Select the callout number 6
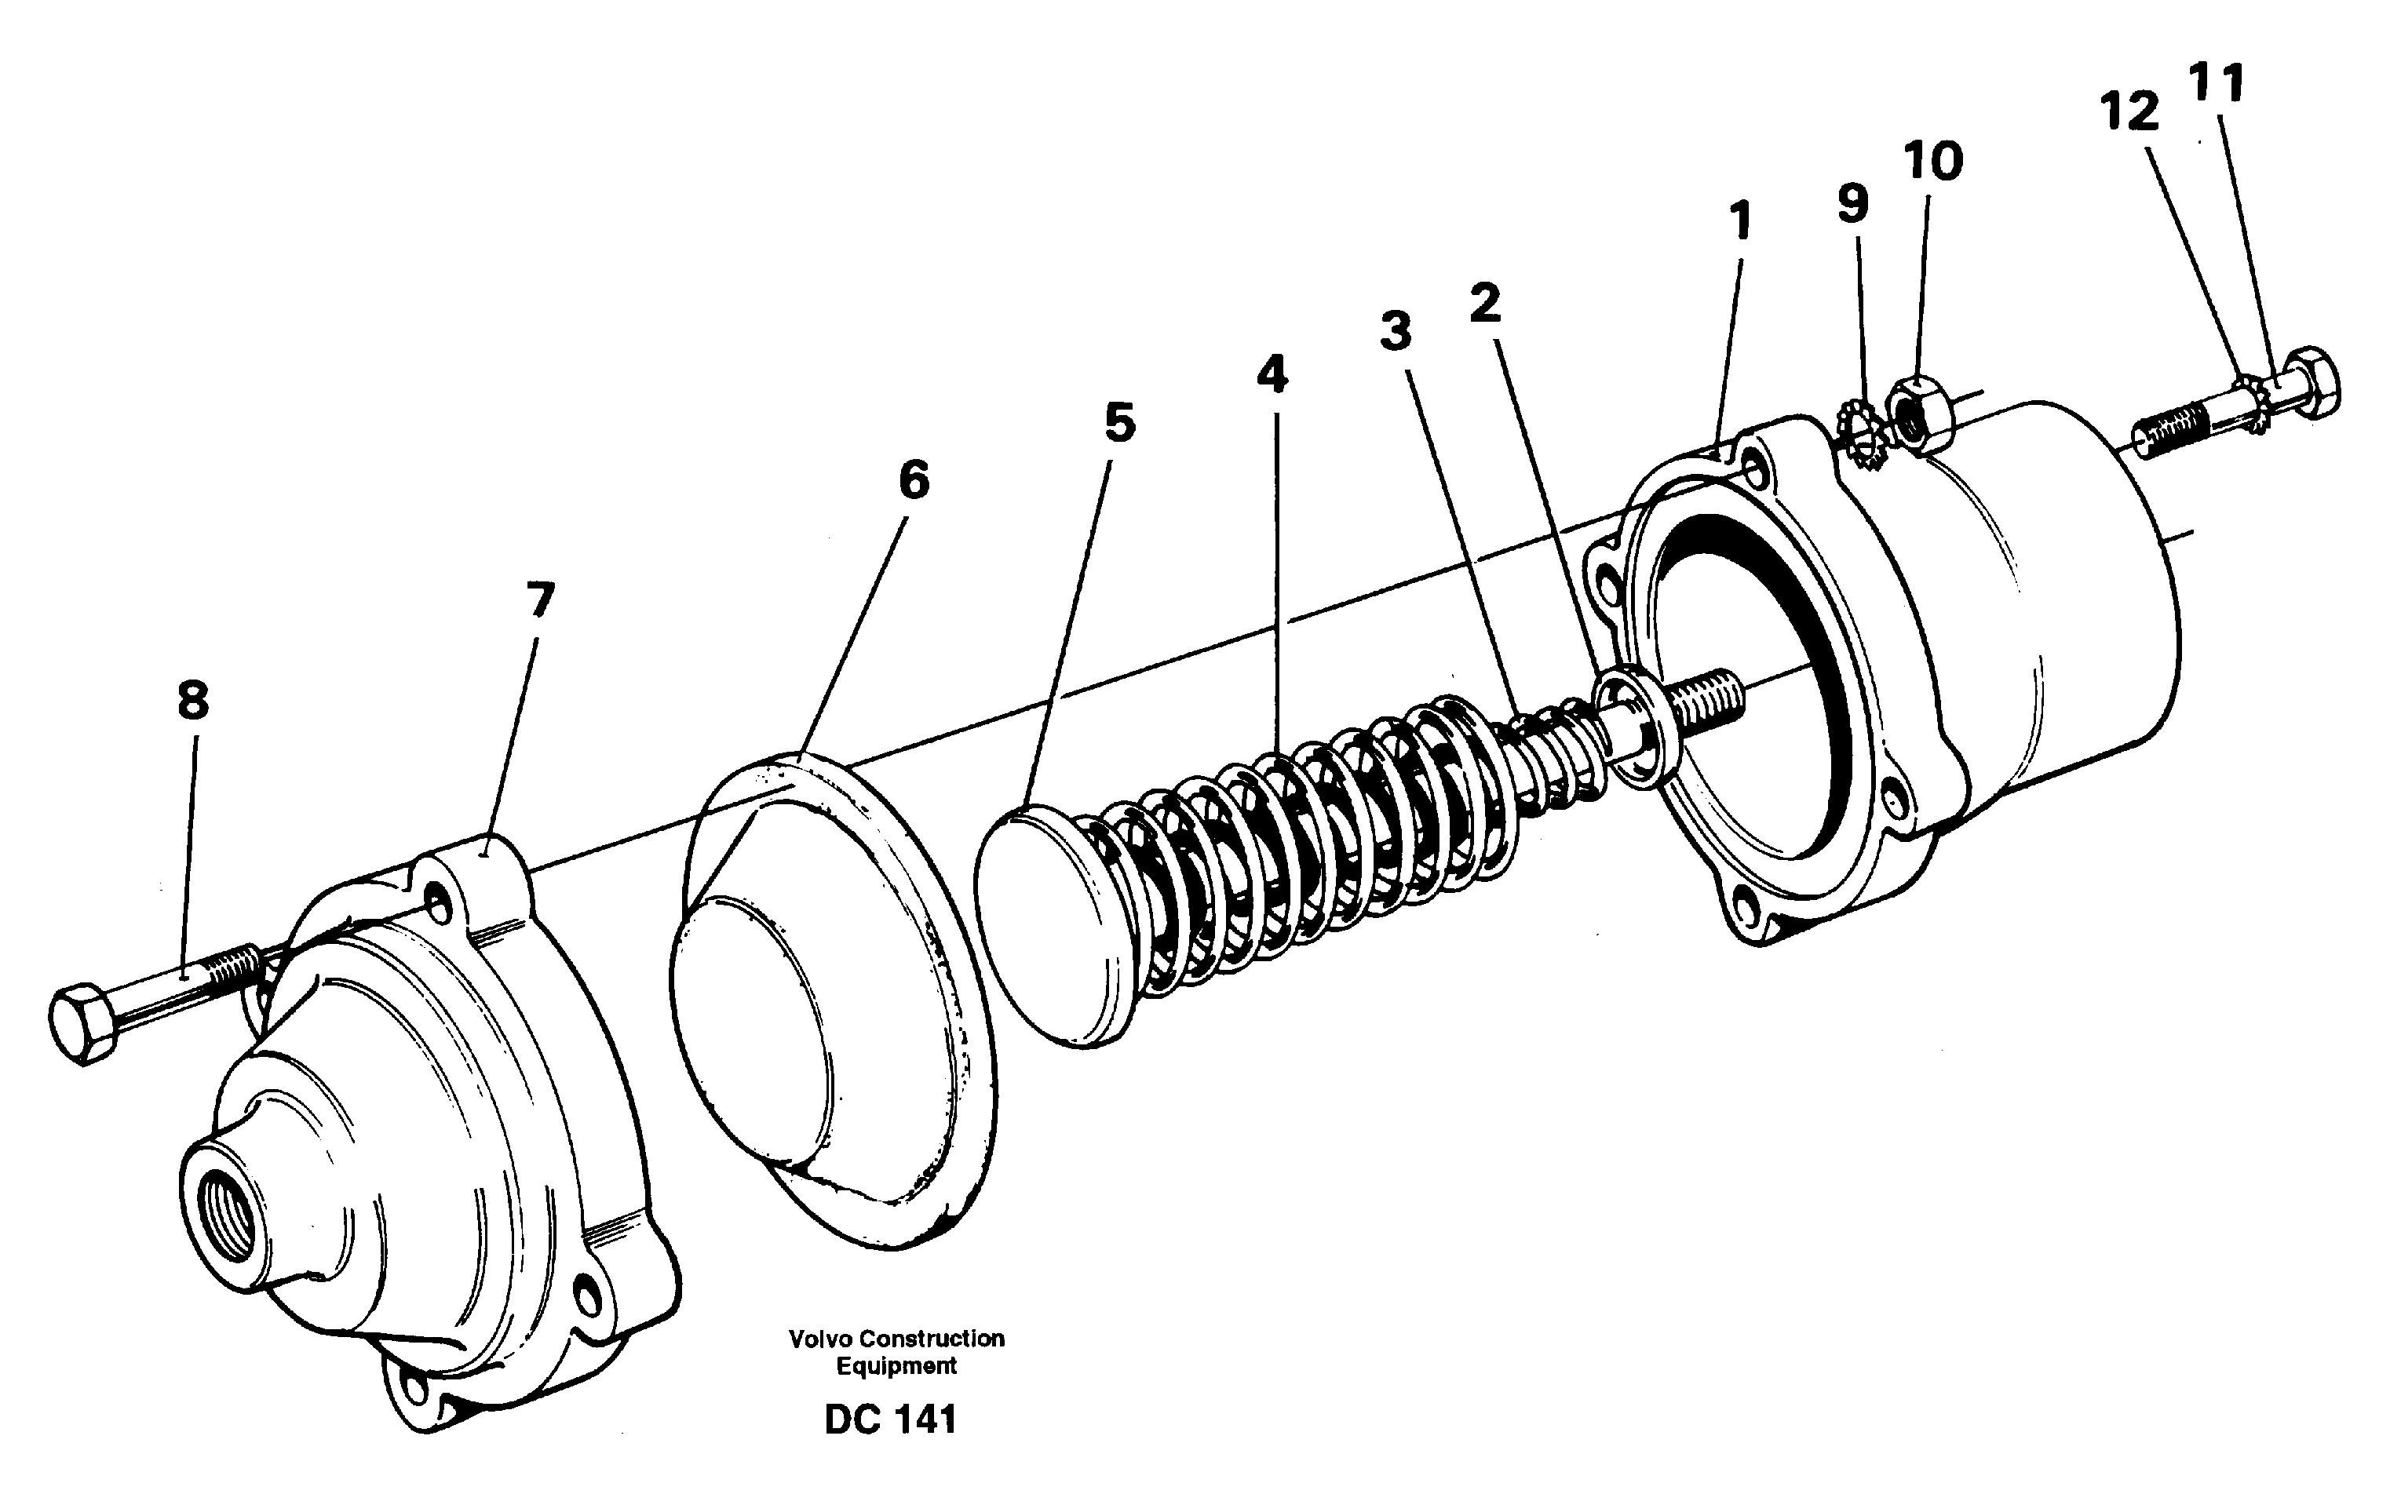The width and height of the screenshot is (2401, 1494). tap(914, 481)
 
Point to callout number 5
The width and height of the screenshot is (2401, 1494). tap(1119, 423)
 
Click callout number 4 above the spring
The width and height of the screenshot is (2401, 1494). tap(1272, 376)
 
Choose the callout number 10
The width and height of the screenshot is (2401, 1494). tap(1932, 161)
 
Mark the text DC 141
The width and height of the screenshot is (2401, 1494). tap(890, 1421)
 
